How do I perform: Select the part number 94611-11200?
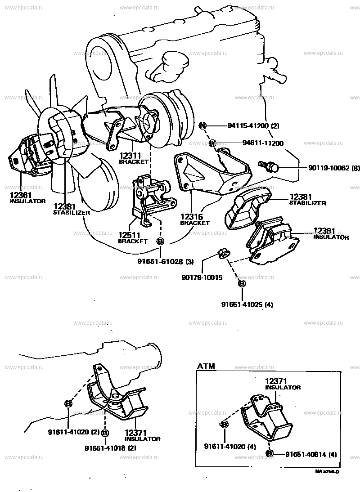(x=263, y=143)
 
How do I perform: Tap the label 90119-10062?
(x=322, y=168)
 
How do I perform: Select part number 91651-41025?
(x=242, y=304)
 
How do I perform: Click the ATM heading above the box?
(x=206, y=366)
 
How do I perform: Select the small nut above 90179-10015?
(x=222, y=253)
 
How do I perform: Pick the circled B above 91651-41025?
(x=241, y=283)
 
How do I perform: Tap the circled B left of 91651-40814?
(x=269, y=453)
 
